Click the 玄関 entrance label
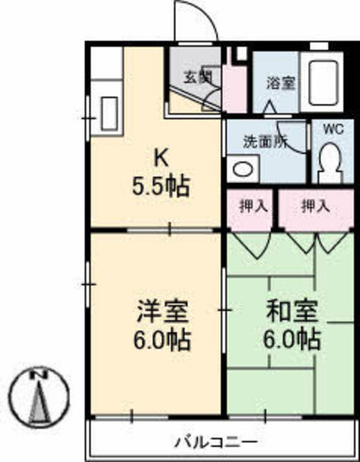[197, 79]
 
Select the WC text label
[332, 130]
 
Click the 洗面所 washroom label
[264, 141]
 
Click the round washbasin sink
[243, 168]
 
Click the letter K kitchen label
[161, 156]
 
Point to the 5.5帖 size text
[161, 185]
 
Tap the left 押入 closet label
[253, 206]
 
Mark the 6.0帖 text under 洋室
[163, 339]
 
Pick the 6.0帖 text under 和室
[293, 339]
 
